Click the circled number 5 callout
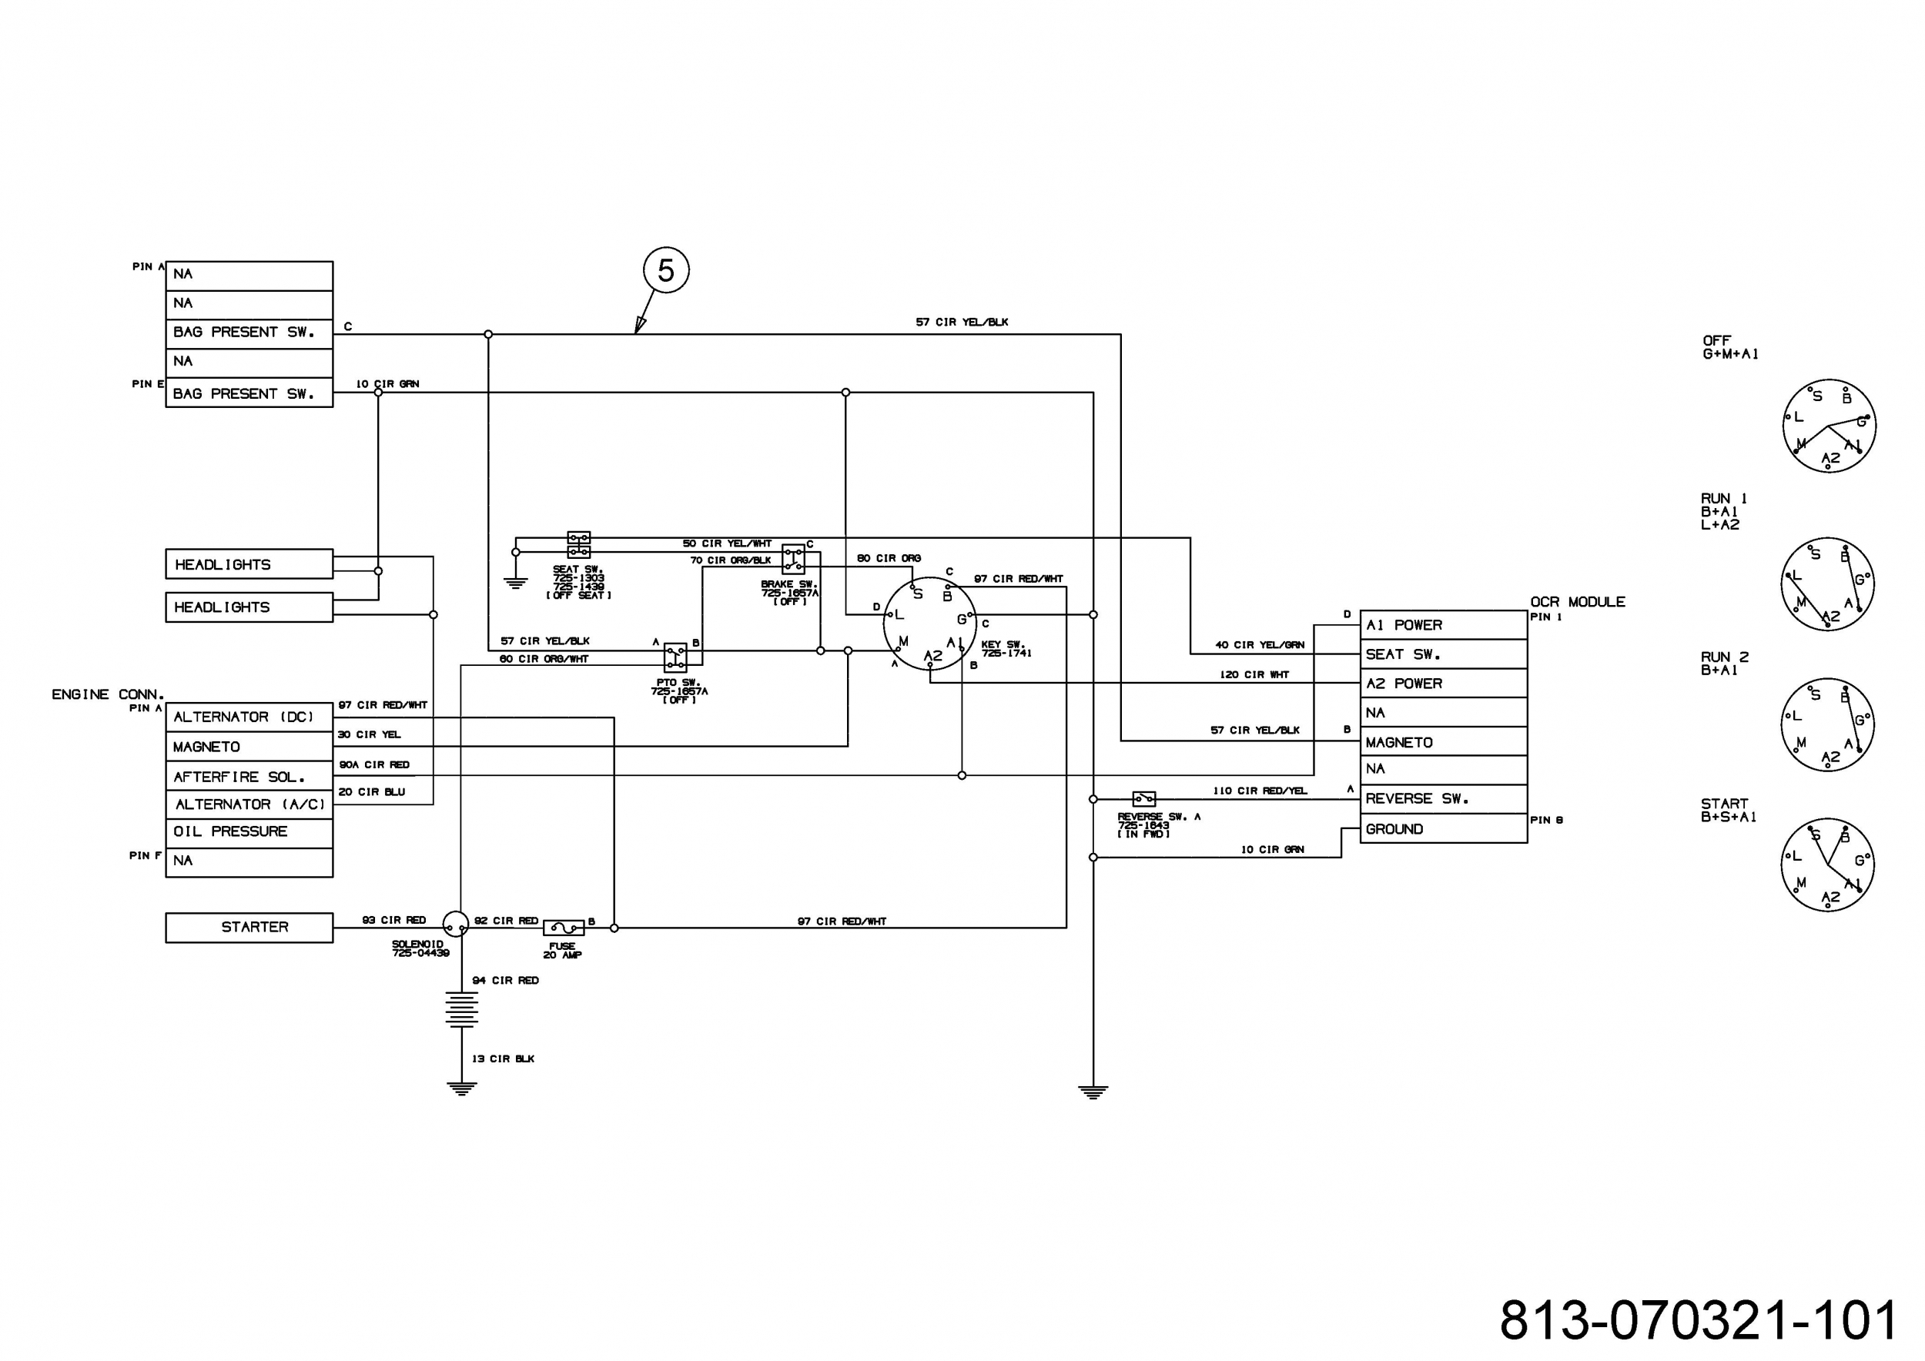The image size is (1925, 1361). pyautogui.click(x=666, y=270)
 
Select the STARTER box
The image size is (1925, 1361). pyautogui.click(x=249, y=928)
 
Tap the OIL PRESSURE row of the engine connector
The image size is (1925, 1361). pyautogui.click(x=249, y=832)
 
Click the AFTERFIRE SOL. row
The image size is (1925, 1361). pyautogui.click(x=249, y=776)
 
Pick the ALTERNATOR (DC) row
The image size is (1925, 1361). pyautogui.click(x=249, y=717)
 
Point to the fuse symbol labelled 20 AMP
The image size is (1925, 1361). pyautogui.click(x=564, y=928)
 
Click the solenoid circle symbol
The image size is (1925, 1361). pyautogui.click(x=455, y=925)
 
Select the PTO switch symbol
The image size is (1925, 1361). pyautogui.click(x=675, y=658)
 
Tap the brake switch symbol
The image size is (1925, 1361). pyautogui.click(x=793, y=559)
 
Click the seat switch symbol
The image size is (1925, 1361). pyautogui.click(x=578, y=545)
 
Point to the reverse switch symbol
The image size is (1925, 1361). pyautogui.click(x=1143, y=799)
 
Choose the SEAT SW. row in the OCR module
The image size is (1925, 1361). pyautogui.click(x=1443, y=654)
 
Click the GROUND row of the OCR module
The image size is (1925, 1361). pyautogui.click(x=1443, y=829)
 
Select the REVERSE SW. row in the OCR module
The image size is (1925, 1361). pyautogui.click(x=1443, y=800)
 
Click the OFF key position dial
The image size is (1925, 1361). pyautogui.click(x=1829, y=426)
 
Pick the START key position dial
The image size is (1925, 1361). pyautogui.click(x=1828, y=865)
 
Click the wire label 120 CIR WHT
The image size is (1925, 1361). pyautogui.click(x=1254, y=674)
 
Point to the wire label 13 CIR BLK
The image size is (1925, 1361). pyautogui.click(x=503, y=1058)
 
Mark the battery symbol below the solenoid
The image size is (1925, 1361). pyautogui.click(x=461, y=1009)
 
